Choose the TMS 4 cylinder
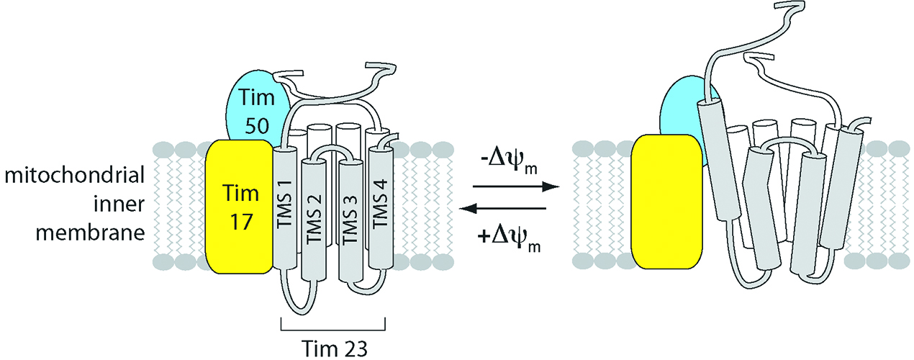click(381, 209)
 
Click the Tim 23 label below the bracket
click(332, 348)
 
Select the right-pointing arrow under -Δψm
click(510, 186)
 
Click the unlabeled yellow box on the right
click(666, 206)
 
